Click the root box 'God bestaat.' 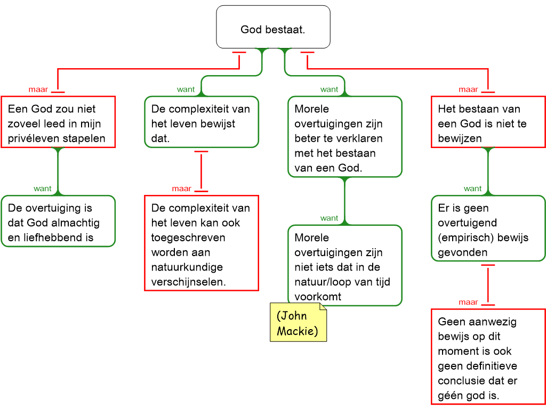[273, 27]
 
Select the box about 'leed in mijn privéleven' [58, 122]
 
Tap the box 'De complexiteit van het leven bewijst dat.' [202, 122]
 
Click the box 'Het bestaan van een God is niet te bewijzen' [488, 122]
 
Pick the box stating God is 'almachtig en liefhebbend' [58, 221]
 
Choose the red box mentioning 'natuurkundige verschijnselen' [202, 243]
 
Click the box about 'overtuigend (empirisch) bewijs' [488, 228]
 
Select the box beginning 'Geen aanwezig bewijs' [488, 356]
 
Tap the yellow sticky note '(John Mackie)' [299, 322]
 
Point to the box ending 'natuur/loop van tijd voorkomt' [345, 265]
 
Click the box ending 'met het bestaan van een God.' [345, 137]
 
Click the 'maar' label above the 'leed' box [38, 89]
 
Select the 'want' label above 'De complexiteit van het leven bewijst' [186, 89]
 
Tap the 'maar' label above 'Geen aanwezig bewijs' [468, 302]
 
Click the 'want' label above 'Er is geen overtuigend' [472, 189]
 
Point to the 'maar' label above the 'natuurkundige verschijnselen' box [182, 189]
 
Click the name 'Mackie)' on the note [298, 331]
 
